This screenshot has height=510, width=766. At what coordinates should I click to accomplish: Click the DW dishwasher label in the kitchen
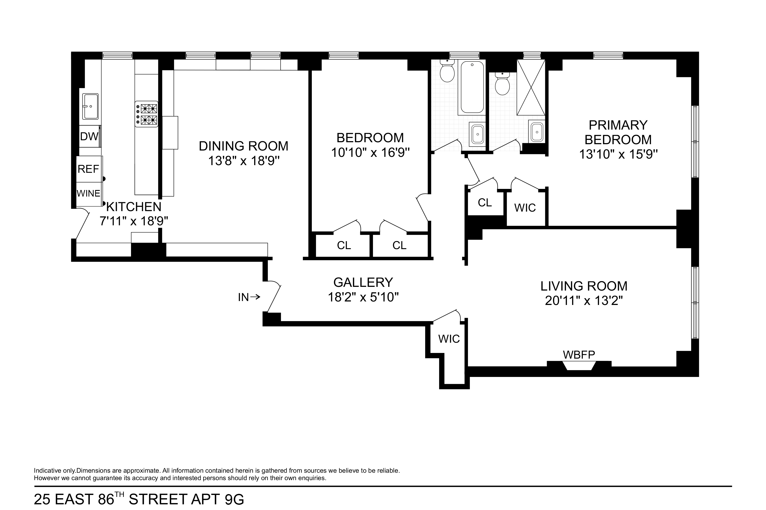[x=89, y=137]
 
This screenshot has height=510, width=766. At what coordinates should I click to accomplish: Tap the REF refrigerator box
[x=88, y=169]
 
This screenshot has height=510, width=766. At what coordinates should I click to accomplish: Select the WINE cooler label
[x=88, y=193]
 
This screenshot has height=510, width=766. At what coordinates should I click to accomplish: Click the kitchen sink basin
[x=90, y=106]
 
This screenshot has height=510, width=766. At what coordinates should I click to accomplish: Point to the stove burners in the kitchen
[x=147, y=114]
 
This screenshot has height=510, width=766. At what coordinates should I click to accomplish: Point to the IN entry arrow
[x=249, y=297]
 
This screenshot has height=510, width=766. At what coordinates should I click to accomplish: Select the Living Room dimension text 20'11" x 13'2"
[x=584, y=301]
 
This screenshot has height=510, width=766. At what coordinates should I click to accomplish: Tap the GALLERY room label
[x=363, y=282]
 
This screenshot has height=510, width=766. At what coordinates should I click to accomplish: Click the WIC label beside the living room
[x=449, y=339]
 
